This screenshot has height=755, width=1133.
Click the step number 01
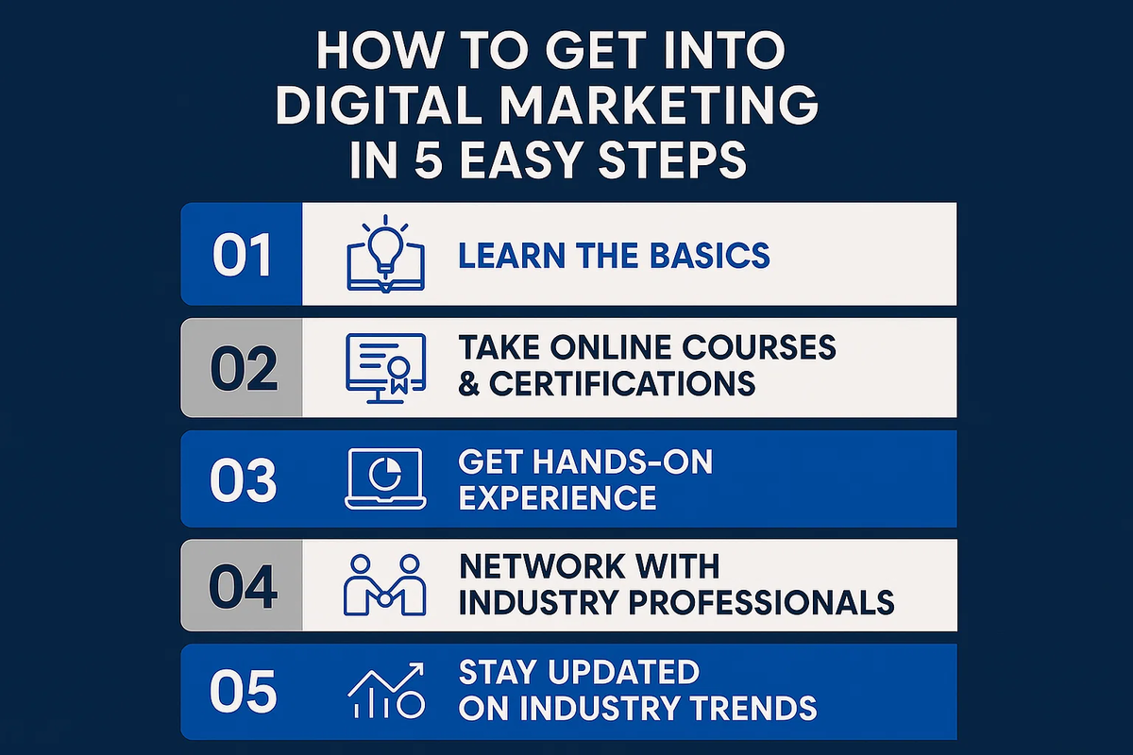pos(243,256)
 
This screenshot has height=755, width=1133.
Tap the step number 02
pos(244,369)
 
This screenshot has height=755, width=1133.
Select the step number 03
pos(244,480)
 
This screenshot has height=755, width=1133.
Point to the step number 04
pos(244,587)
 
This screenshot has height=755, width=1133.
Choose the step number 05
pos(244,692)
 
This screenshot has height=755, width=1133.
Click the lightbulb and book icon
pos(385,254)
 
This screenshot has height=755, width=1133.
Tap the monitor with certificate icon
pos(385,368)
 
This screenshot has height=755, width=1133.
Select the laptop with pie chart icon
pos(385,478)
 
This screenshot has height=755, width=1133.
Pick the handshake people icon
pos(385,585)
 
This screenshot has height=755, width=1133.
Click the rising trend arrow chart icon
pos(386,690)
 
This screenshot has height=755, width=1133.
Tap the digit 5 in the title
pos(429,159)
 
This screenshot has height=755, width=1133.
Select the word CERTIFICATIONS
pos(622,383)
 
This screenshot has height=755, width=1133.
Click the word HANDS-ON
pos(622,462)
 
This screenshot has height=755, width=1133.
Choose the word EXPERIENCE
pos(557,497)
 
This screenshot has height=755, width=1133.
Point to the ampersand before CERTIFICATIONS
pos(469,384)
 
